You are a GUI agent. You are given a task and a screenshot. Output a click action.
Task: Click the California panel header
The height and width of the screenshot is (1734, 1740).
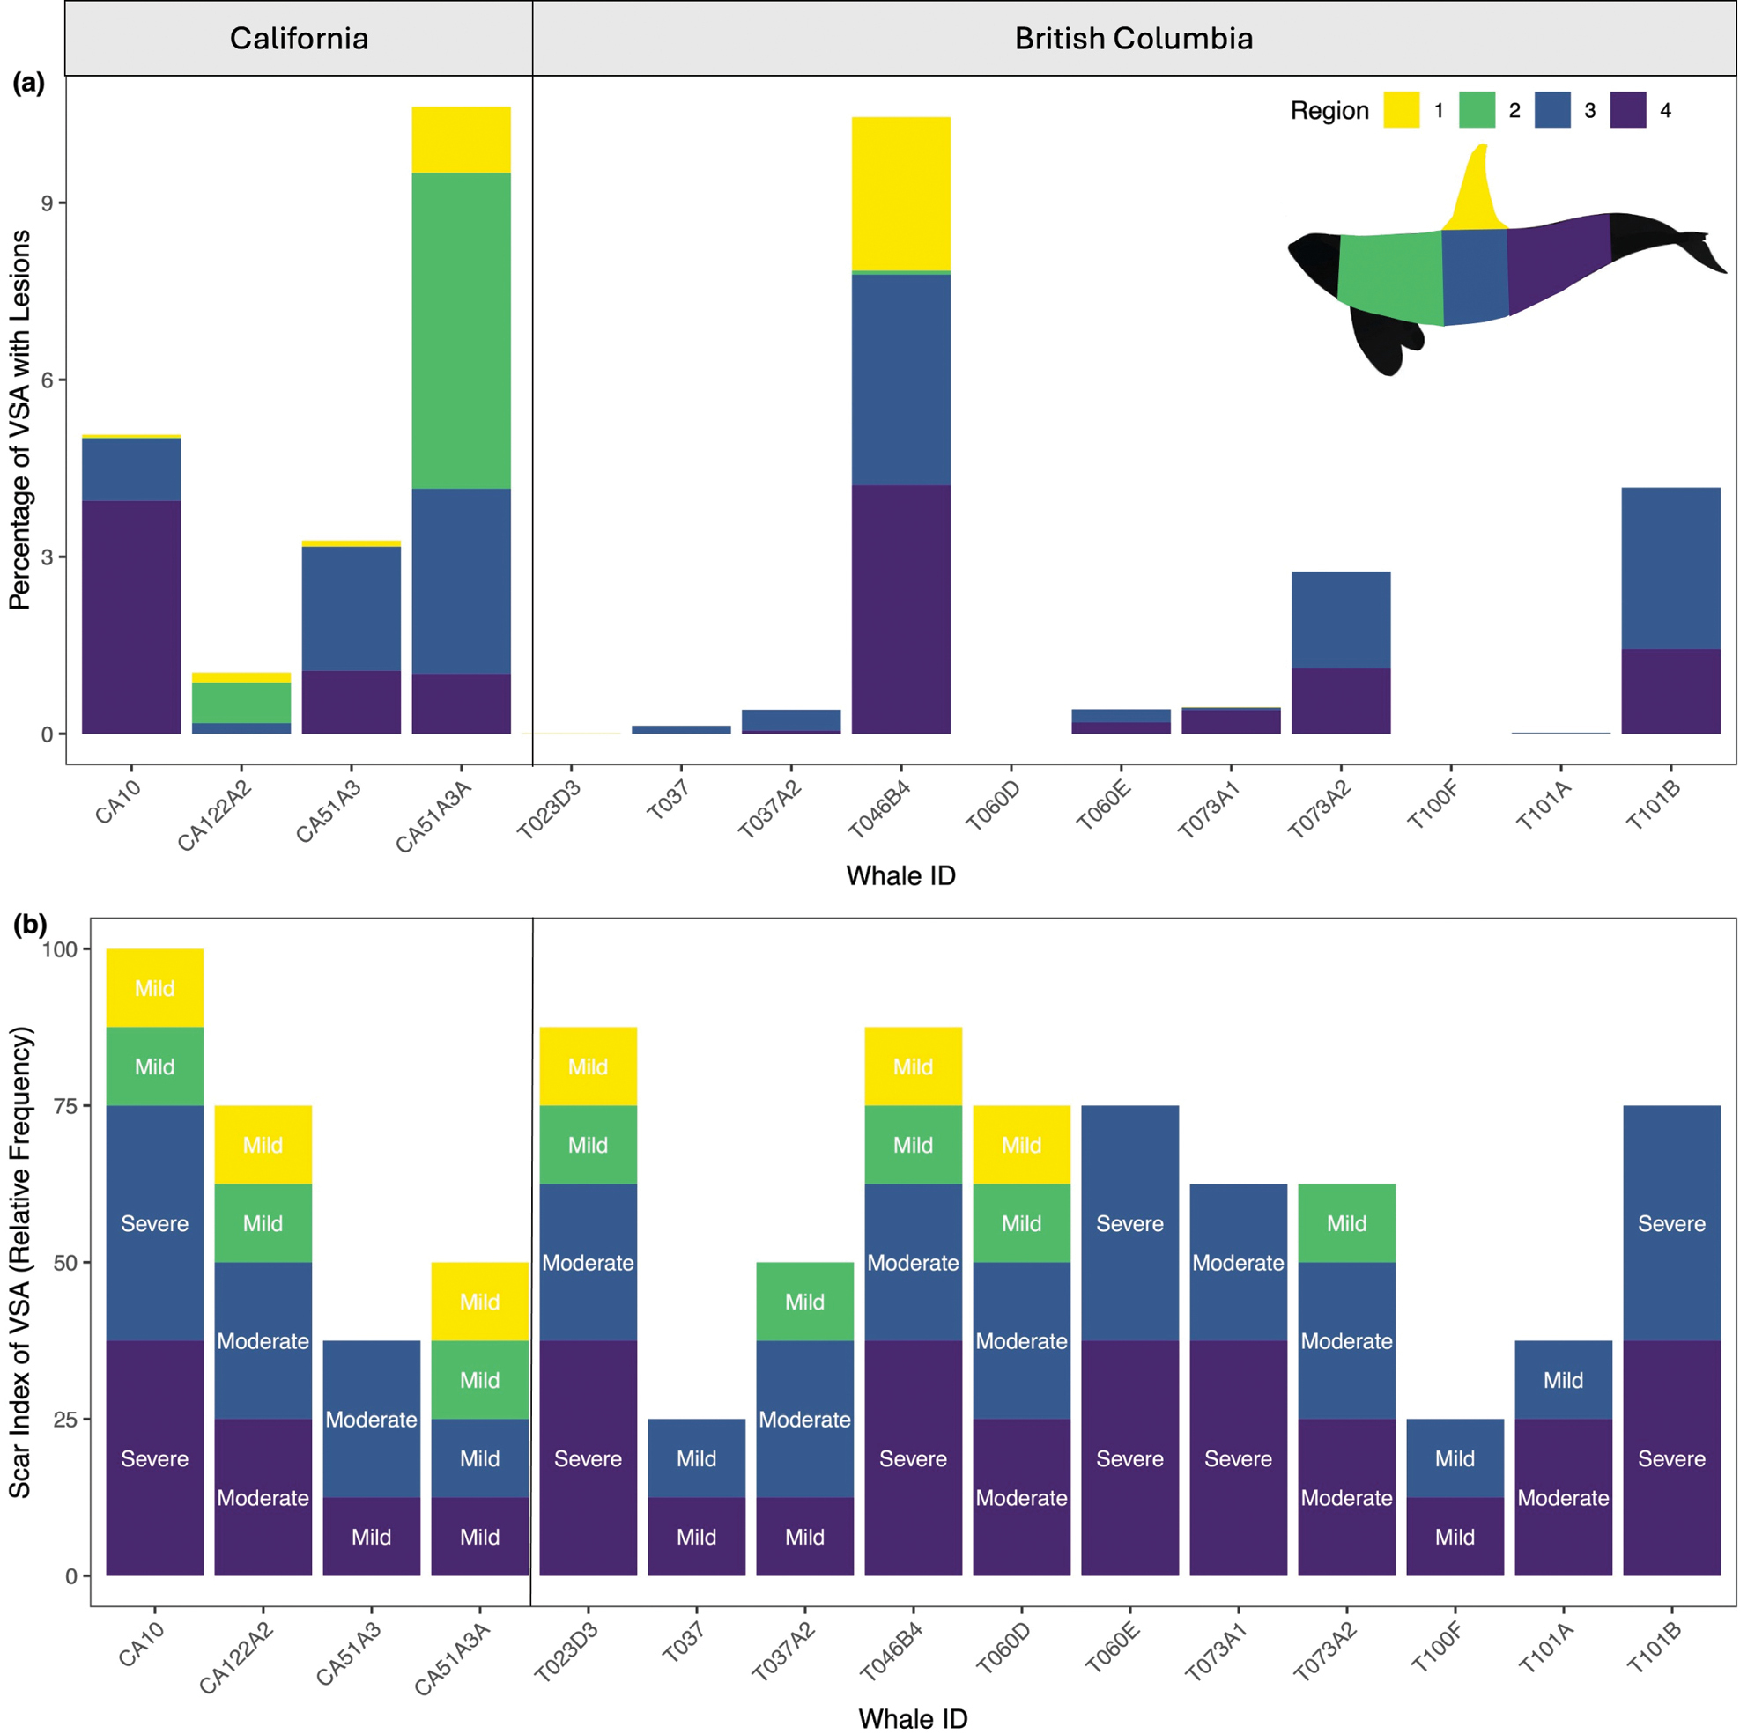coord(298,39)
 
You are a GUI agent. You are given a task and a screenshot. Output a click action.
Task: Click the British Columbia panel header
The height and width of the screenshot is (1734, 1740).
coord(1133,39)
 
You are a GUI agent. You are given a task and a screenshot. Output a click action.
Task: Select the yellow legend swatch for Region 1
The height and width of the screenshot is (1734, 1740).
coord(1401,110)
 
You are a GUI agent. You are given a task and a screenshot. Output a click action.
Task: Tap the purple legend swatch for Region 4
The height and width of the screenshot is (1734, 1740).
coord(1627,110)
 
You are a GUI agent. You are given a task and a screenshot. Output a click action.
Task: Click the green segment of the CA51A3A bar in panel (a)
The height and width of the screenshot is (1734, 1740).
coord(461,329)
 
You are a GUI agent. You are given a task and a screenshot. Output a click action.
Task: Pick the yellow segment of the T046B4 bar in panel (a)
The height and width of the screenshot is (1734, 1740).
coord(900,193)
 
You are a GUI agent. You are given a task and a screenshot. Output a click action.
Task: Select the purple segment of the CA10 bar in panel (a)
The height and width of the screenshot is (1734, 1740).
coord(131,616)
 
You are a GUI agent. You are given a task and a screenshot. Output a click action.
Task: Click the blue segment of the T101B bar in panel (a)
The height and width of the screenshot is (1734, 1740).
coord(1670,567)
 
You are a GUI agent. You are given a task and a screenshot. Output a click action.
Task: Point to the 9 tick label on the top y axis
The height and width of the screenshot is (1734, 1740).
coord(47,203)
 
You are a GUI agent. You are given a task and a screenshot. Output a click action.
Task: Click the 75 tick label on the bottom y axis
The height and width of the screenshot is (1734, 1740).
coord(65,1105)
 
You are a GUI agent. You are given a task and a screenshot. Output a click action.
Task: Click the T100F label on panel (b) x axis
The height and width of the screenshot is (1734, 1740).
coord(1435,1648)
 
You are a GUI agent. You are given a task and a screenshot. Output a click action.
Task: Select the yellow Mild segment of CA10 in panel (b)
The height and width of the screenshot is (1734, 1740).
coord(155,987)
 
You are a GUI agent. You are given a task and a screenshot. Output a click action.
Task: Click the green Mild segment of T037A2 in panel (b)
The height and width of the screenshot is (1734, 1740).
coord(804,1301)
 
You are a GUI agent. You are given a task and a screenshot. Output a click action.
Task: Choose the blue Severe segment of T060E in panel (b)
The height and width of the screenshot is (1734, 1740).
coord(1129,1222)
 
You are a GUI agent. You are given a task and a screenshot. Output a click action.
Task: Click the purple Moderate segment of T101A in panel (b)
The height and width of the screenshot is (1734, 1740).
coord(1563,1497)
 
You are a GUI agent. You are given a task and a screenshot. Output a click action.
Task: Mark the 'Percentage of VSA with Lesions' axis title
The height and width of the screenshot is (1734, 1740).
coord(19,419)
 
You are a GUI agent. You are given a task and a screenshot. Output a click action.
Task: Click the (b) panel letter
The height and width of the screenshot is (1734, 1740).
coord(29,925)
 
